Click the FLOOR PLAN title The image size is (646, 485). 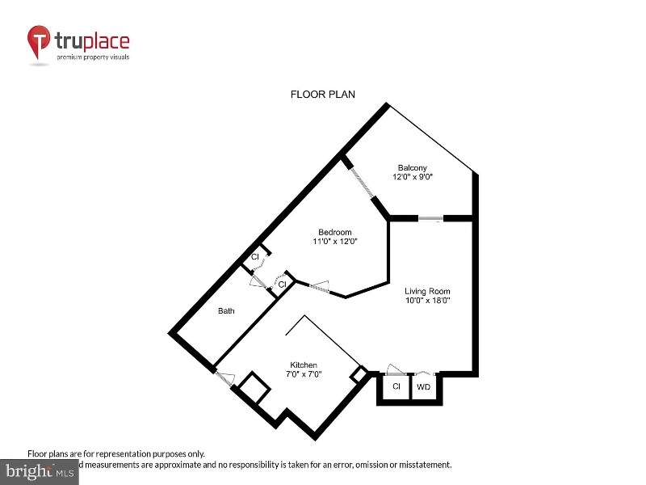pos(322,95)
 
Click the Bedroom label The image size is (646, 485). pos(334,232)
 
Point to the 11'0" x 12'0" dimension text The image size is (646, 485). pos(334,242)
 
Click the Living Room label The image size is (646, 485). pos(427,291)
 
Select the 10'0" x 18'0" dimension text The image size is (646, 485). pos(427,301)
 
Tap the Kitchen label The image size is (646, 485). pos(304,365)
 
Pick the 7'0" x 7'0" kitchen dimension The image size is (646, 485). pos(304,374)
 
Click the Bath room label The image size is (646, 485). pos(226,310)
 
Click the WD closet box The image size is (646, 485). pos(423,387)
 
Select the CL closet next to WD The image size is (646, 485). pos(396,387)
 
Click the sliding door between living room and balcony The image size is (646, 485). pos(430,218)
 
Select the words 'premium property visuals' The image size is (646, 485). pos(92,57)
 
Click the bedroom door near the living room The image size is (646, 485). pos(317,288)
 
